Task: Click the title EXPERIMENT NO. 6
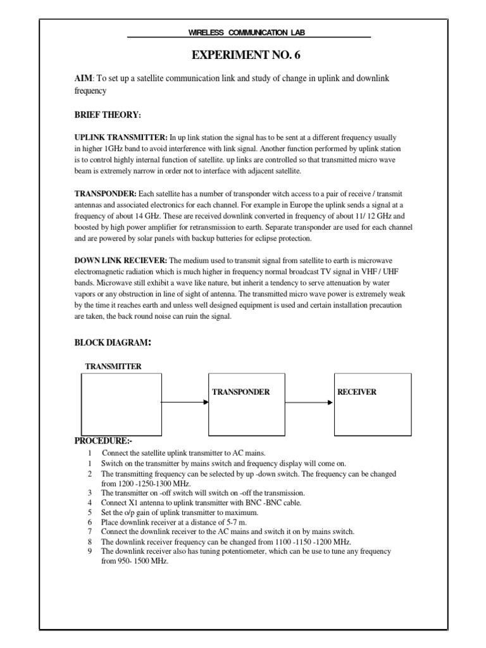(246, 56)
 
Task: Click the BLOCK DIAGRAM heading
(113, 342)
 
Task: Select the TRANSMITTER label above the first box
(113, 366)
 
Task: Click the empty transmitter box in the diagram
(120, 404)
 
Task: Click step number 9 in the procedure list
(90, 551)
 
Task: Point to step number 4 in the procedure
(90, 502)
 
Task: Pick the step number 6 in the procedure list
(90, 522)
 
